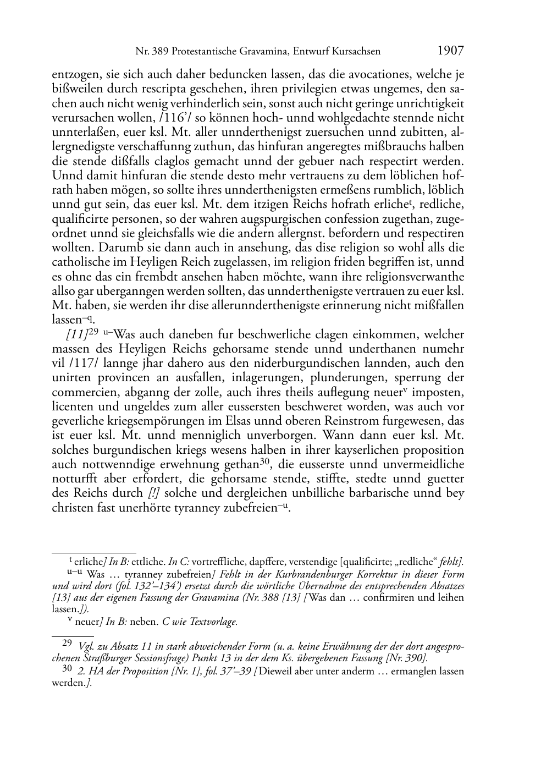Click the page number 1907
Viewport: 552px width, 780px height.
click(451, 51)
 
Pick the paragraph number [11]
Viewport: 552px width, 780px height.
click(76, 335)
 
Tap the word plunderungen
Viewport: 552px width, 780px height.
click(320, 378)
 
